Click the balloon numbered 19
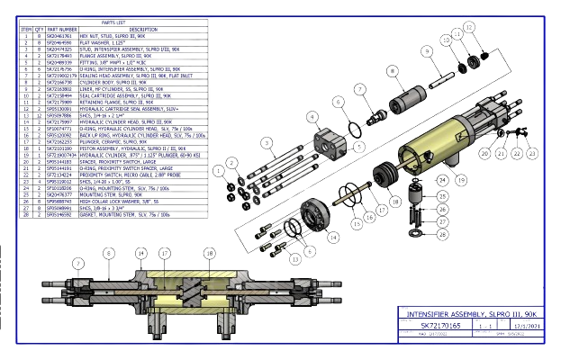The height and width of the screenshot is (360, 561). point(463,179)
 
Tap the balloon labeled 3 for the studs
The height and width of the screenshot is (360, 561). point(267,143)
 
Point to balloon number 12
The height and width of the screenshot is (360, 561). point(468,27)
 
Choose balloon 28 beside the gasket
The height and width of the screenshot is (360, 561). point(441,234)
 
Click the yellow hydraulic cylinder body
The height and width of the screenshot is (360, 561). point(441,135)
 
